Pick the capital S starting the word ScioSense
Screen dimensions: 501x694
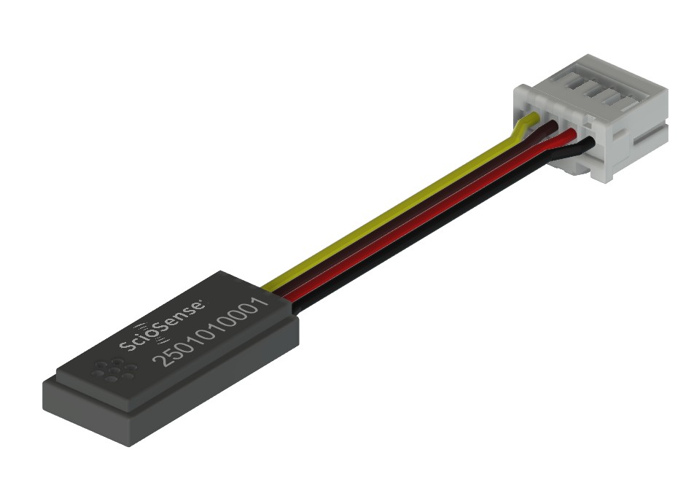[126, 345]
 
